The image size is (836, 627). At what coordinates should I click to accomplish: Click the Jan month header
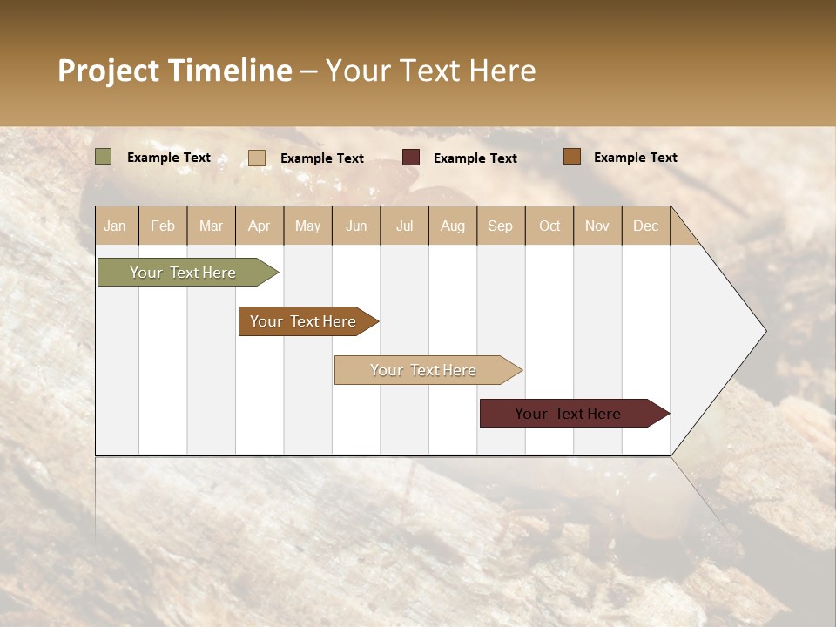(x=116, y=226)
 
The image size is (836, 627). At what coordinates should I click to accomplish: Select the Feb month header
(x=163, y=226)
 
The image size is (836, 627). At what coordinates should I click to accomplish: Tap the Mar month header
(x=211, y=226)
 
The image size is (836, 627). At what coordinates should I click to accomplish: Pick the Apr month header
(x=260, y=226)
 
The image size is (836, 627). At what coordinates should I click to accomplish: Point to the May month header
(x=307, y=226)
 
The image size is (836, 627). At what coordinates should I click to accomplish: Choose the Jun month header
(x=356, y=226)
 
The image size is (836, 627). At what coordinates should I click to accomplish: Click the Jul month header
(x=404, y=226)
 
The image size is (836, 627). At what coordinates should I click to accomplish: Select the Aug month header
(x=453, y=226)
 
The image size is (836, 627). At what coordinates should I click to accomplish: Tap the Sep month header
(x=501, y=226)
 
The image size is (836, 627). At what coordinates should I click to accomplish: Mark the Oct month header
(x=549, y=226)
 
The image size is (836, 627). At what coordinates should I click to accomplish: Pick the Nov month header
(x=597, y=226)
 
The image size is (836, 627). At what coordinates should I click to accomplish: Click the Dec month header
(x=646, y=226)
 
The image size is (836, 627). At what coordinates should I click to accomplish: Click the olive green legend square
(x=104, y=157)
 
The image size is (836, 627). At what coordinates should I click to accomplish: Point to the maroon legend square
(x=411, y=158)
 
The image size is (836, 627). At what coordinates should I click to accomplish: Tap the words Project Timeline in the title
(x=175, y=71)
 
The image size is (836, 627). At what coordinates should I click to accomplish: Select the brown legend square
(x=571, y=157)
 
